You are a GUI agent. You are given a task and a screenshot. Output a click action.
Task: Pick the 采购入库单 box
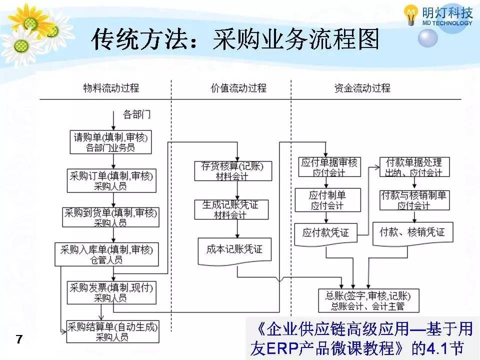[x=106, y=254]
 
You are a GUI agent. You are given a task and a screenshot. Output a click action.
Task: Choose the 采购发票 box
[x=110, y=292]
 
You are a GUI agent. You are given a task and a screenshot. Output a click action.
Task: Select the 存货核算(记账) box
[x=232, y=170]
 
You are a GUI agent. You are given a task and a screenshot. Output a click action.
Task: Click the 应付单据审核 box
[x=329, y=167]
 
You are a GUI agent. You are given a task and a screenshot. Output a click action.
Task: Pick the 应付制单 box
[x=327, y=199]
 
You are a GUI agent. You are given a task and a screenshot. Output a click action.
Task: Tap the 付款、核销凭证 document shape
[x=412, y=233]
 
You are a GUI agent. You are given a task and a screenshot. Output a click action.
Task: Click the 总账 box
[x=368, y=300]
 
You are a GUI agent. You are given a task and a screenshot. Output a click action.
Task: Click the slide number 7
[x=19, y=340]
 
